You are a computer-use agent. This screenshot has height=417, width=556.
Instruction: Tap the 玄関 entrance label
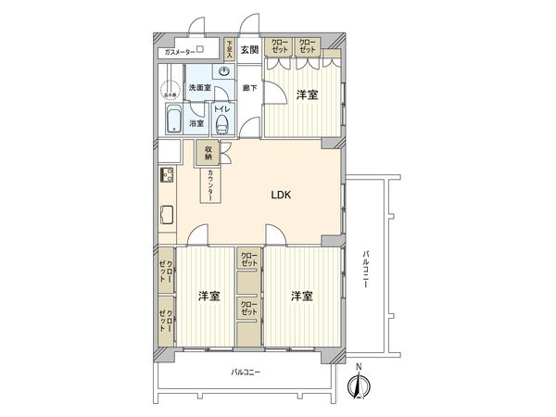click(249, 49)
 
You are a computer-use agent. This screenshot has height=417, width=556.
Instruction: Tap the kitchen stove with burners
click(168, 175)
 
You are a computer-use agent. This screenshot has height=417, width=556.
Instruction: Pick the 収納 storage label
click(209, 154)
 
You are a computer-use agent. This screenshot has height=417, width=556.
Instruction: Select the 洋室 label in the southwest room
click(208, 297)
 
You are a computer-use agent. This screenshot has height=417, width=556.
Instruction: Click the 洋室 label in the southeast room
click(300, 297)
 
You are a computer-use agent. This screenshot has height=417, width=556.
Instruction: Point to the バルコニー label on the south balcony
click(246, 373)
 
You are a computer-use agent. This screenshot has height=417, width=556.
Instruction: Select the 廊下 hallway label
click(249, 88)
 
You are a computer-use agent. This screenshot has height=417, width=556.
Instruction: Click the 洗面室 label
click(199, 88)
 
